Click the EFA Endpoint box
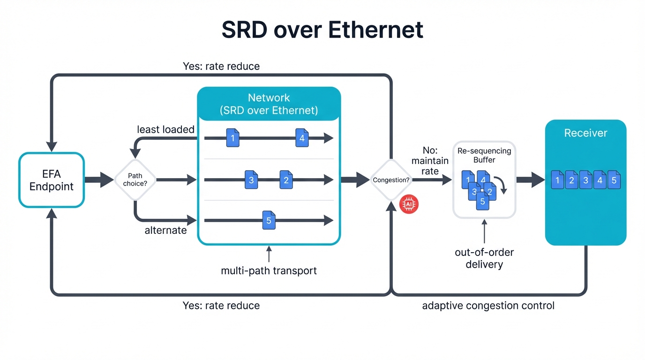click(52, 180)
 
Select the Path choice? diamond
click(135, 180)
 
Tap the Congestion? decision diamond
click(391, 180)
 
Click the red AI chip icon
click(409, 205)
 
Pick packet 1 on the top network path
click(232, 138)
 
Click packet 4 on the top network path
click(302, 138)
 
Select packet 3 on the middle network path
click(251, 180)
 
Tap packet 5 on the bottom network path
click(269, 221)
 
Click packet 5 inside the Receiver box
click(614, 180)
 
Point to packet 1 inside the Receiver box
click(557, 180)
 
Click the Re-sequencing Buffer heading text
click(484, 156)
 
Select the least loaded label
click(165, 129)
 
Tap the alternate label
click(165, 230)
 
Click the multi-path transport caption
click(269, 271)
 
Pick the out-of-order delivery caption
click(484, 258)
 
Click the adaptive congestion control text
click(488, 306)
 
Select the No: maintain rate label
click(429, 161)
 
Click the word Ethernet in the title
click(375, 30)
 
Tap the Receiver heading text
click(585, 133)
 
